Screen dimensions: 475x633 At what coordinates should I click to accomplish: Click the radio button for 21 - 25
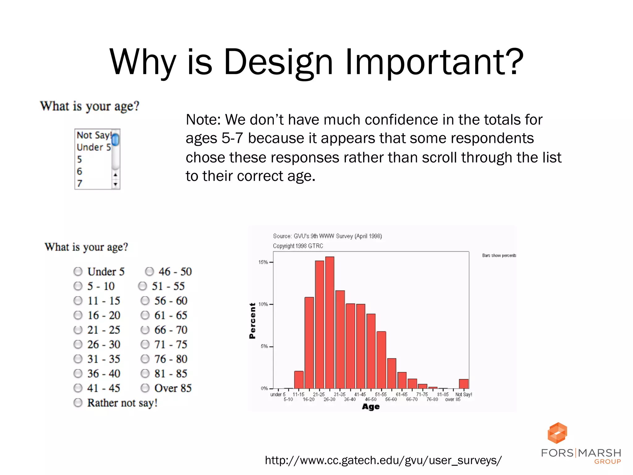click(x=78, y=330)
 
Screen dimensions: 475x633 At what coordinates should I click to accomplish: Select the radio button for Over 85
click(x=145, y=388)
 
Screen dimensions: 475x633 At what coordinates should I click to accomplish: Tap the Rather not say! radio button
click(x=78, y=403)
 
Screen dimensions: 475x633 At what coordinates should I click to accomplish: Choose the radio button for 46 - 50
click(x=149, y=272)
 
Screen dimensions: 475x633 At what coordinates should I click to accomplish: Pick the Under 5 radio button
click(x=78, y=272)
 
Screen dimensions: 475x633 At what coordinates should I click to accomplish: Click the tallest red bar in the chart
click(x=329, y=322)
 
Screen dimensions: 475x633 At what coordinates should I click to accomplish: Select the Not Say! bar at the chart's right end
click(x=464, y=384)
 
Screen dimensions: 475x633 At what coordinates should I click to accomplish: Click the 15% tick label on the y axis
click(x=263, y=262)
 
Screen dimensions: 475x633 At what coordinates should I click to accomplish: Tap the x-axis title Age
click(x=371, y=407)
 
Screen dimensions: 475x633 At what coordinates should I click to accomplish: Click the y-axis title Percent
click(x=253, y=321)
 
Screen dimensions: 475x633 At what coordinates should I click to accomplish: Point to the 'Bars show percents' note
click(x=499, y=255)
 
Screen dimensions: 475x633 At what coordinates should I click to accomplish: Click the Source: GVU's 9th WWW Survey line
click(x=327, y=236)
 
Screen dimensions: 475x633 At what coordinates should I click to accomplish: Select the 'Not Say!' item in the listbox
click(x=93, y=135)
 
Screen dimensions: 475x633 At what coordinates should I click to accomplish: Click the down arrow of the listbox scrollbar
click(x=115, y=185)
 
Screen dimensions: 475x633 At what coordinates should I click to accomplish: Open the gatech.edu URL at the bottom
click(x=383, y=460)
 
